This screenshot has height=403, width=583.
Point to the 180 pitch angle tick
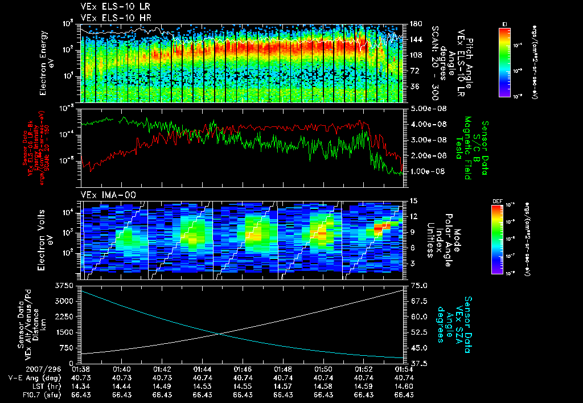pos(416,24)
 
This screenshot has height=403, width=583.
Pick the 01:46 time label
pos(243,369)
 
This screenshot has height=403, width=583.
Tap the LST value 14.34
pos(83,386)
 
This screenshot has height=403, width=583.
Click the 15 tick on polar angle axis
pos(413,201)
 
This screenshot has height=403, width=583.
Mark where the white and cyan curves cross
pos(219,334)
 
